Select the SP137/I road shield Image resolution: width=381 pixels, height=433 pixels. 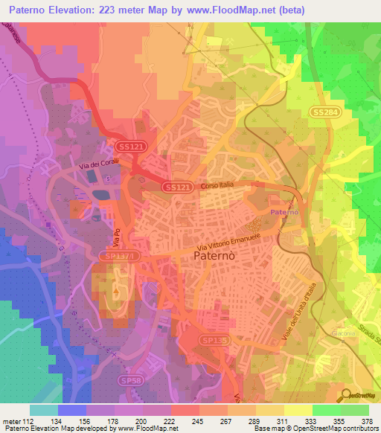[117, 255]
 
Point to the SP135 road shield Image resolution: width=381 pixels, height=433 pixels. [212, 339]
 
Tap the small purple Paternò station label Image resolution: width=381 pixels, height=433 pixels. [284, 213]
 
